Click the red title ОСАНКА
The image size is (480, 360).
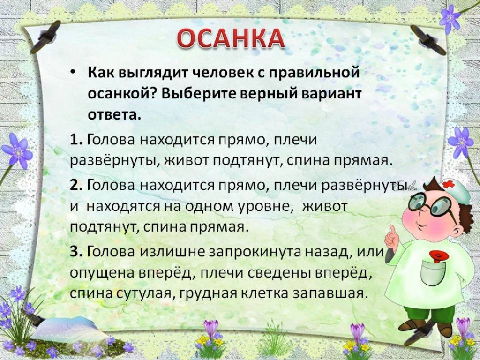(231, 39)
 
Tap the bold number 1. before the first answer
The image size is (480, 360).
(76, 140)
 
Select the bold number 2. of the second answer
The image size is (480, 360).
(76, 186)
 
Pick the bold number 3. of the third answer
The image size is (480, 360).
(76, 252)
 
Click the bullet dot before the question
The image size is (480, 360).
(72, 72)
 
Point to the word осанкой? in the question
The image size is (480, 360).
(120, 94)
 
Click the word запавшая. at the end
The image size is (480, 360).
(329, 293)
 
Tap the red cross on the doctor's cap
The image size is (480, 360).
(448, 184)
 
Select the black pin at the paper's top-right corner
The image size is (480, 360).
(427, 40)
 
